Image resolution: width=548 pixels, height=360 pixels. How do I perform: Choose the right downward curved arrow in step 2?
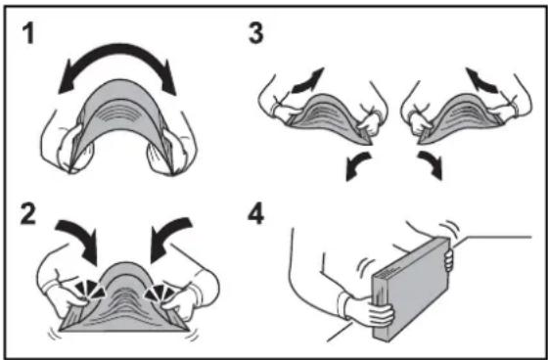coord(167,234)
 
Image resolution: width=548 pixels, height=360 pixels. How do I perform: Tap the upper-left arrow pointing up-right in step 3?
coord(308,81)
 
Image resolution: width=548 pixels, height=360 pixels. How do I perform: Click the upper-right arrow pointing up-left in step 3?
coord(481,81)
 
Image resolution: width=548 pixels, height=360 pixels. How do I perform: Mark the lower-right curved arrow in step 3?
coord(431,165)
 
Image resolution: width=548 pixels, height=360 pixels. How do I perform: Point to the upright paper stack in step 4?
coord(411,289)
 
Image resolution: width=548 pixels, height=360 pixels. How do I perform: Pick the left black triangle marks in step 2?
coord(89,289)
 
